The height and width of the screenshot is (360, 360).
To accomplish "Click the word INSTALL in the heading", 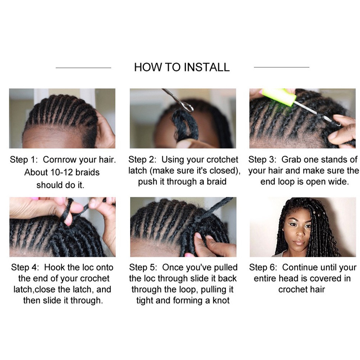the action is click(x=207, y=67).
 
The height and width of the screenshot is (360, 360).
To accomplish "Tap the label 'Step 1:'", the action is click(x=23, y=160).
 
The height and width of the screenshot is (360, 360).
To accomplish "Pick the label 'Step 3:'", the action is click(x=262, y=159).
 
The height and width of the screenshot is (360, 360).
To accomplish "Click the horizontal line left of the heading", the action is click(x=83, y=68).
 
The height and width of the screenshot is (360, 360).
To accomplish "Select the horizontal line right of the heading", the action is click(x=282, y=67).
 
